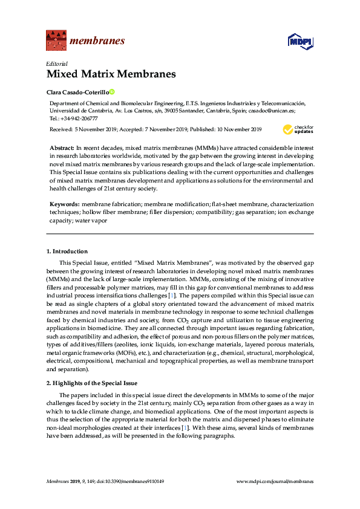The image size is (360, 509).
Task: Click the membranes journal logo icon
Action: tap(56, 41)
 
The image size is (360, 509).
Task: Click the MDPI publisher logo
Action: tap(300, 41)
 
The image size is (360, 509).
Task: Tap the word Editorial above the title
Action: tap(57, 63)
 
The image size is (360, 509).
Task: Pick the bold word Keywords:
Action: tap(65, 206)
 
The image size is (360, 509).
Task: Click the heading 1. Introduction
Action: tap(67, 251)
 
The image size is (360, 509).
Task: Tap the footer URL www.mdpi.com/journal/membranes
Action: tap(276, 481)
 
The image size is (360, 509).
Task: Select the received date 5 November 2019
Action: tap(97, 129)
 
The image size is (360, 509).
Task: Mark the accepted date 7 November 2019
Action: tap(162, 129)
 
